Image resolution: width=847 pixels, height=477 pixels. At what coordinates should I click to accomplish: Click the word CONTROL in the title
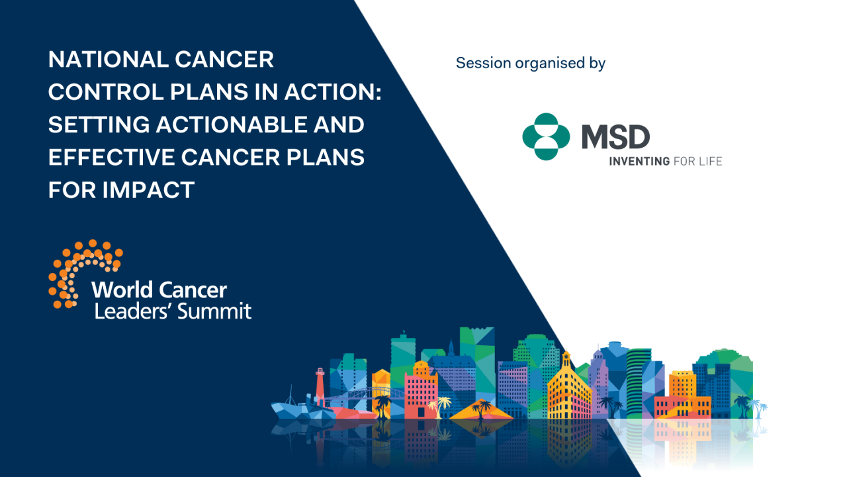pyautogui.click(x=96, y=92)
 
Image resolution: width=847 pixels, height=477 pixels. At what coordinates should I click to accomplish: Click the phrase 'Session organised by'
pyautogui.click(x=531, y=64)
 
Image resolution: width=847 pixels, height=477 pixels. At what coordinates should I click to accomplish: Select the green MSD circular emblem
pyautogui.click(x=545, y=136)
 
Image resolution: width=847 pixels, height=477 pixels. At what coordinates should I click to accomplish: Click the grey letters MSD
pyautogui.click(x=615, y=137)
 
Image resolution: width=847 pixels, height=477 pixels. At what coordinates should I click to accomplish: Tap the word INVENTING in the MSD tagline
pyautogui.click(x=639, y=161)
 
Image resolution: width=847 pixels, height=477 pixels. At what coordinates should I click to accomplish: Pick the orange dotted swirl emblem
pyautogui.click(x=83, y=272)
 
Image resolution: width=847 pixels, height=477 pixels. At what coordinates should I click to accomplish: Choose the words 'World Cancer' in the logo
pyautogui.click(x=159, y=290)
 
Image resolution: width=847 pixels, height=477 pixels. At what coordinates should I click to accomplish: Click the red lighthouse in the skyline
pyautogui.click(x=320, y=386)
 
